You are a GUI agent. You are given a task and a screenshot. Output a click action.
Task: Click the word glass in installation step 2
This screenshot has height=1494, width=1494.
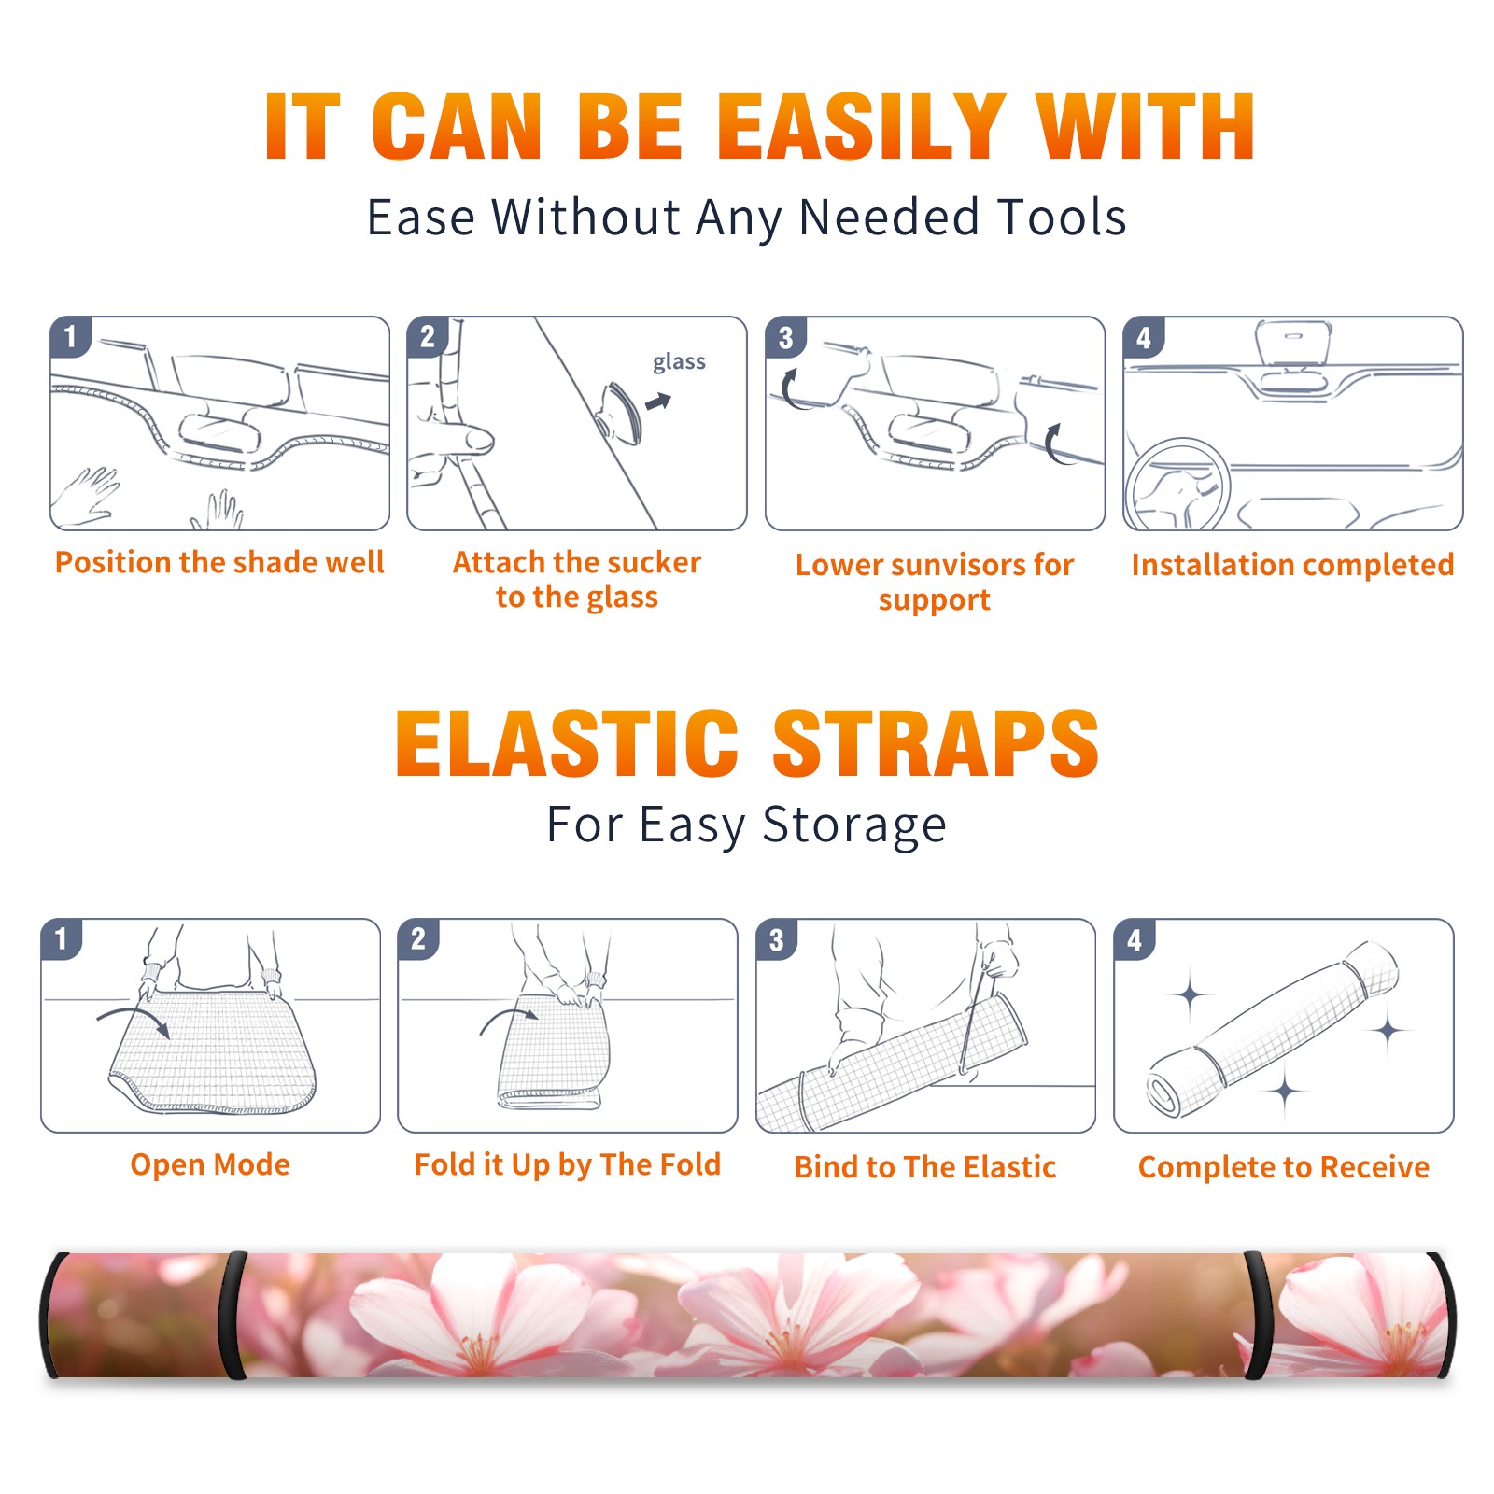click(x=679, y=362)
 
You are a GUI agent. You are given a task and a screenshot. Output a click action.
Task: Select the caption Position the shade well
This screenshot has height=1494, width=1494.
click(x=219, y=562)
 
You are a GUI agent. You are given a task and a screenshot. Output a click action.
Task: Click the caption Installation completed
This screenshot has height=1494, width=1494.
click(x=1292, y=564)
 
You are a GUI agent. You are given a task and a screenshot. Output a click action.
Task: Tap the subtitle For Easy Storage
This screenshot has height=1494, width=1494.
click(x=747, y=825)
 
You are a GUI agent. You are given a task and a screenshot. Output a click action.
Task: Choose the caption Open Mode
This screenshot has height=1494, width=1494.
click(x=210, y=1164)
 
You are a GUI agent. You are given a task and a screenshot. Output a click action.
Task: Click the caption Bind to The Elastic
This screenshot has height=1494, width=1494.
click(x=925, y=1166)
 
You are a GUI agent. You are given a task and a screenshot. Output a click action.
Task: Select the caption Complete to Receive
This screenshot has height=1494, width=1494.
click(x=1284, y=1166)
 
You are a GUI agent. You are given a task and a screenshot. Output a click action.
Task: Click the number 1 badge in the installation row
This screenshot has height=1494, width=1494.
click(x=70, y=336)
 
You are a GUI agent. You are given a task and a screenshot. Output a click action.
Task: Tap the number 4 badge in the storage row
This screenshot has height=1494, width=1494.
click(x=1135, y=939)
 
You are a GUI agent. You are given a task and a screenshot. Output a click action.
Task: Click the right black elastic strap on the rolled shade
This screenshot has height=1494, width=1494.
click(x=1257, y=1315)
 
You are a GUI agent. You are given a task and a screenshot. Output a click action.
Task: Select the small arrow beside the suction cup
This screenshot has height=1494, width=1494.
click(x=659, y=402)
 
